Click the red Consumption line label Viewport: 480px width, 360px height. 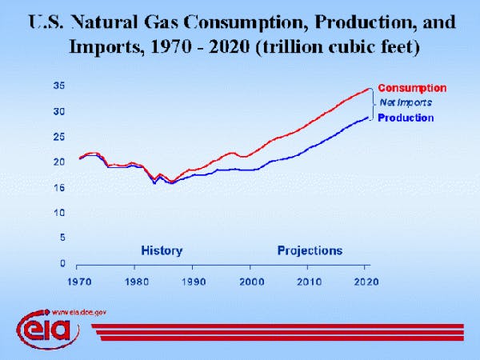click(411, 88)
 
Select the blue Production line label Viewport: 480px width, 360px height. click(405, 118)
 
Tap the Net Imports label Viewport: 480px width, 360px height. click(405, 102)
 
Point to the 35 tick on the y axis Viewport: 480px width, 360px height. click(59, 86)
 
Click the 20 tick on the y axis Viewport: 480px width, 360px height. click(59, 162)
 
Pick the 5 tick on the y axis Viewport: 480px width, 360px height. click(62, 238)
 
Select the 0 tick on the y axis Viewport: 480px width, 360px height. click(62, 263)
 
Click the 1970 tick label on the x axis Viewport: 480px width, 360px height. click(78, 282)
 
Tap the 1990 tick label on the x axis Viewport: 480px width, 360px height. click(194, 282)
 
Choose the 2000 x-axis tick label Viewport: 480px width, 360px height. click(250, 282)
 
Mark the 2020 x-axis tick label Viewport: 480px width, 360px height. click(366, 282)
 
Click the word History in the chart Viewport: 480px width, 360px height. click(162, 250)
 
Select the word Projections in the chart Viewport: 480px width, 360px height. click(310, 250)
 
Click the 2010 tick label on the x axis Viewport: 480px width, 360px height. click(309, 282)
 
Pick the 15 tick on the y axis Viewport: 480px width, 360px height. click(59, 187)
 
